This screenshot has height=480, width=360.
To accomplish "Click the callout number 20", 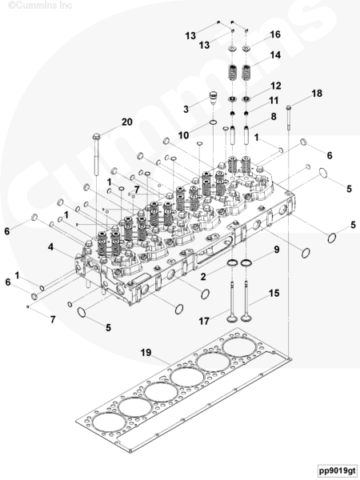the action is [127, 122].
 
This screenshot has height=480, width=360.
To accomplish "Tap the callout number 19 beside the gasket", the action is [146, 353].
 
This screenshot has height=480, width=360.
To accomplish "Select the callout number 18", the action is [317, 94].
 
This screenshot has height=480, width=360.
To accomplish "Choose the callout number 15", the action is [274, 294].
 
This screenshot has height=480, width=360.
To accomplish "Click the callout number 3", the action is [186, 110].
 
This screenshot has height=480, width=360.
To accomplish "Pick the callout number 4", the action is [50, 246].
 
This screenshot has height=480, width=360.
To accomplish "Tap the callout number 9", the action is [277, 250].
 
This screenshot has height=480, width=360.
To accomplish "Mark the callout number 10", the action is [184, 135].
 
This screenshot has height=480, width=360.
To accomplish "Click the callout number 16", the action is [275, 34].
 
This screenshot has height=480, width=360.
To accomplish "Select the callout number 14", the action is [275, 55].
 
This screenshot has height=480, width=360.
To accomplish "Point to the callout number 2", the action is [203, 277].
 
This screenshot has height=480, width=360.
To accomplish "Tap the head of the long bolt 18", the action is [289, 107].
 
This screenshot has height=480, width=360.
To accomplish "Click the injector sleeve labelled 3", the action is [214, 98].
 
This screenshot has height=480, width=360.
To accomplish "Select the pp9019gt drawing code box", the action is [338, 470].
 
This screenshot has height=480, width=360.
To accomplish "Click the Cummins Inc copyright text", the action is [40, 6].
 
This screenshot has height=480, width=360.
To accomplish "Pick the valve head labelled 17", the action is [232, 318].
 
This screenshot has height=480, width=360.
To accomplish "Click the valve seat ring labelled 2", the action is [232, 263].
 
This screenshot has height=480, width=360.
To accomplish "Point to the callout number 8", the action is [274, 117].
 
